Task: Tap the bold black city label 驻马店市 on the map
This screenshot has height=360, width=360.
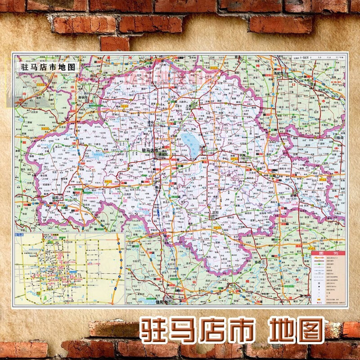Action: pos(150,150)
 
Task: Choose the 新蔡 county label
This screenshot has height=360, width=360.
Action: pos(293,197)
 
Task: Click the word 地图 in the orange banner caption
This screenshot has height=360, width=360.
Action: pos(297,330)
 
